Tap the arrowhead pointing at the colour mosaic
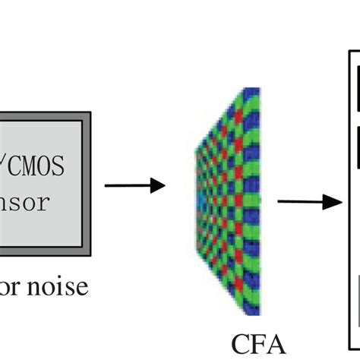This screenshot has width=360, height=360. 158,185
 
